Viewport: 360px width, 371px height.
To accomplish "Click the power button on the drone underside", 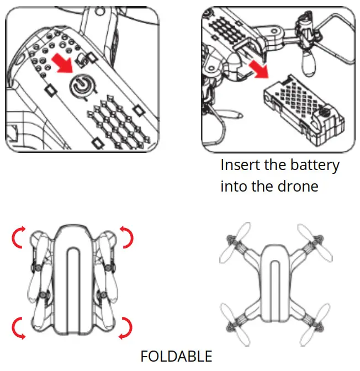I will pos(81,88).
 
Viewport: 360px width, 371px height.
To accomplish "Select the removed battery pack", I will pos(302,105).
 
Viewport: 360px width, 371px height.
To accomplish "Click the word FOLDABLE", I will pos(176,356).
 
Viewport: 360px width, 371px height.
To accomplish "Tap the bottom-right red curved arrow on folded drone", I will pos(126,327).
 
